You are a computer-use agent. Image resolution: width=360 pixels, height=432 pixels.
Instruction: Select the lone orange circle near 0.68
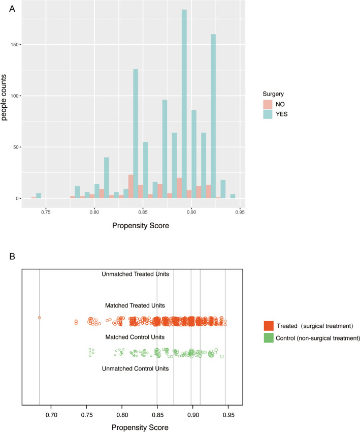39,318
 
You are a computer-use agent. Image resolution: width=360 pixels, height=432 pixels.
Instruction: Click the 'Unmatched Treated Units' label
135,274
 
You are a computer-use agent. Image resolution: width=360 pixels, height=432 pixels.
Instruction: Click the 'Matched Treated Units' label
135,306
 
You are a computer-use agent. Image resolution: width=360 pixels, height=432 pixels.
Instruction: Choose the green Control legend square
269,337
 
